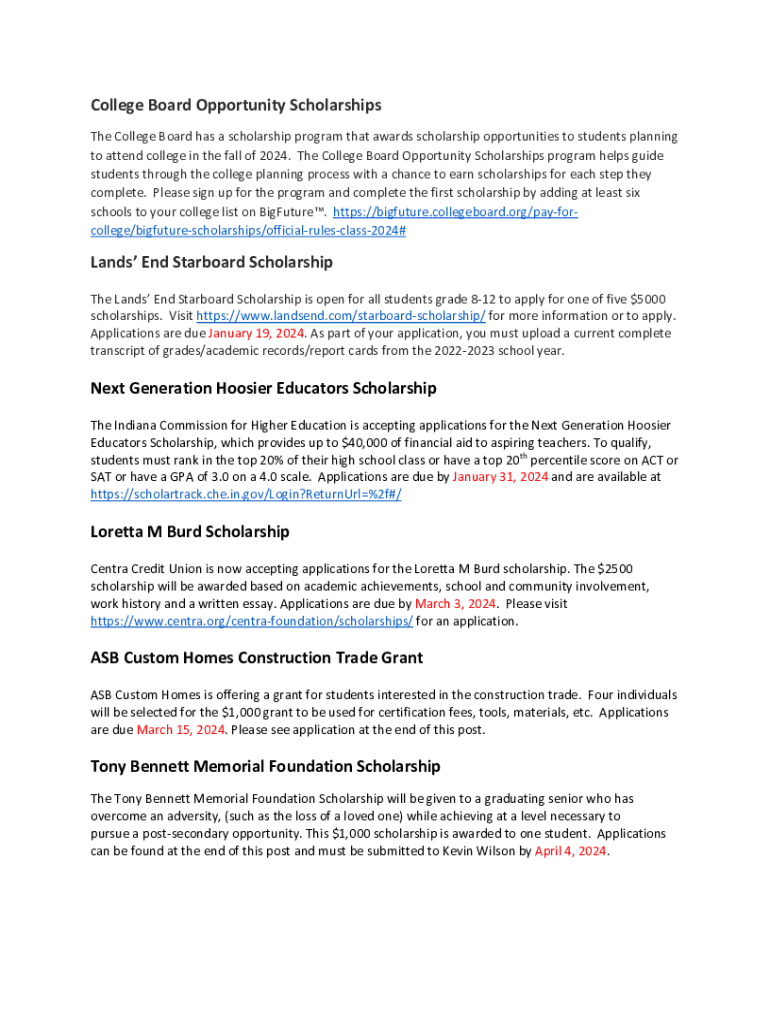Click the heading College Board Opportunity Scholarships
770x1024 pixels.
(236, 105)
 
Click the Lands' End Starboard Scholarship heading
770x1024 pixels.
(211, 262)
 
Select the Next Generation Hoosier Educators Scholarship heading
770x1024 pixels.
(263, 388)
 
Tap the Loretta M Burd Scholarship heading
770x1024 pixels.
(190, 531)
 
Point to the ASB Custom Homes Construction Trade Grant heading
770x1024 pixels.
(256, 658)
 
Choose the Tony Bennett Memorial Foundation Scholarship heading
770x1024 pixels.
(265, 767)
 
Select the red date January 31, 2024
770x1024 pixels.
(500, 477)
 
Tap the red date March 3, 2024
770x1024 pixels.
(456, 604)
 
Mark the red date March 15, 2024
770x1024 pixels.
(180, 730)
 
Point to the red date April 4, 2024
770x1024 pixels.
(571, 852)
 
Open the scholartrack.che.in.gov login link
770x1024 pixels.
(246, 494)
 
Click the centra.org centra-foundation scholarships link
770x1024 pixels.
(252, 621)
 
